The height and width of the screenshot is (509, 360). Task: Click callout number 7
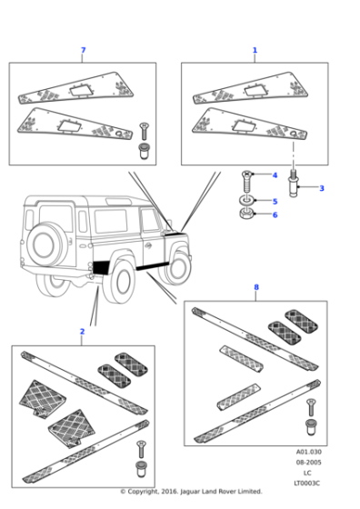tap(83, 50)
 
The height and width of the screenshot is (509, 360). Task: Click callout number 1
tap(255, 50)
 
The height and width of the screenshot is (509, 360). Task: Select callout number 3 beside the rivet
tap(322, 188)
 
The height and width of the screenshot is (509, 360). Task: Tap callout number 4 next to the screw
tap(275, 175)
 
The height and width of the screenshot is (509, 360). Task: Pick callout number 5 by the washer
tap(275, 201)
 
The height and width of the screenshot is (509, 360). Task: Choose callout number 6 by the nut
tap(275, 215)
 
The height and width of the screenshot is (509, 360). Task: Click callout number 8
tap(255, 287)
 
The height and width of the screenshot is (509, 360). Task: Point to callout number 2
tap(82, 332)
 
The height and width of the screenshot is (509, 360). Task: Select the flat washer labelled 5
tap(247, 201)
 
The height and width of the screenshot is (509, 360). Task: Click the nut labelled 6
tap(247, 215)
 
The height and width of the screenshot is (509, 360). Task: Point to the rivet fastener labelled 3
tap(294, 186)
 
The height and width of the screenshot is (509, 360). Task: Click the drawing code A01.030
tap(308, 452)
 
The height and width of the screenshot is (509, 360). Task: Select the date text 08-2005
tap(308, 463)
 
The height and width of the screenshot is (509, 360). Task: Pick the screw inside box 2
tap(140, 449)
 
